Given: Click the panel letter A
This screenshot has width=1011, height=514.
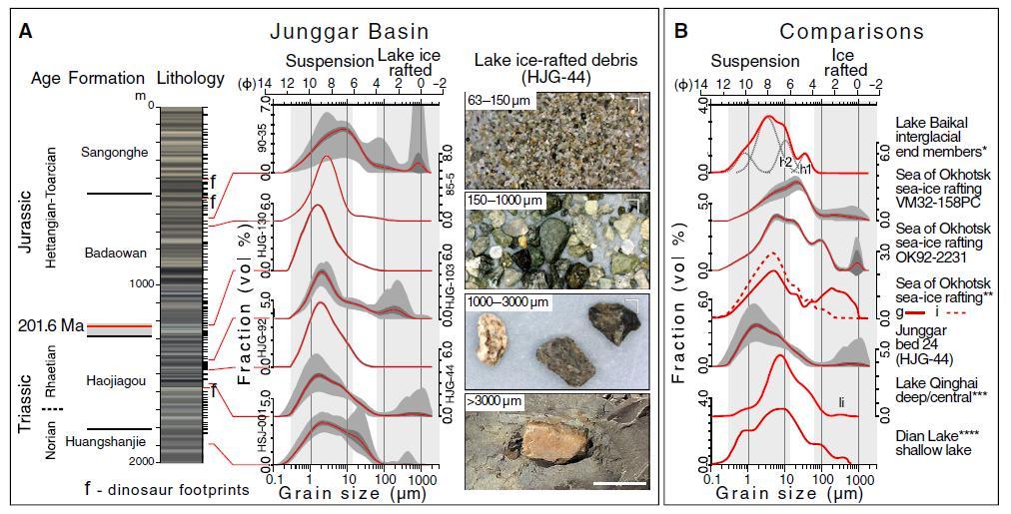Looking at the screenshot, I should (x=26, y=31).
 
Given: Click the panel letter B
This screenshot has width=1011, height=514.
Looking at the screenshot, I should (x=681, y=31).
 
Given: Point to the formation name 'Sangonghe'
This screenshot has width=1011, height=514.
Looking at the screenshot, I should (x=115, y=153).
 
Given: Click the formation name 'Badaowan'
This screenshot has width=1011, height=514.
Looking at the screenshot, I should (x=116, y=253).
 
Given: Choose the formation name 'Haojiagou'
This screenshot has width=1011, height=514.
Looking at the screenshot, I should (x=116, y=380).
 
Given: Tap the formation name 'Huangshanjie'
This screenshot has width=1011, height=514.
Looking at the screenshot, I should (x=106, y=441).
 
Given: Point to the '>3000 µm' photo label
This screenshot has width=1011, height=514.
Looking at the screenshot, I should (x=497, y=401).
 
